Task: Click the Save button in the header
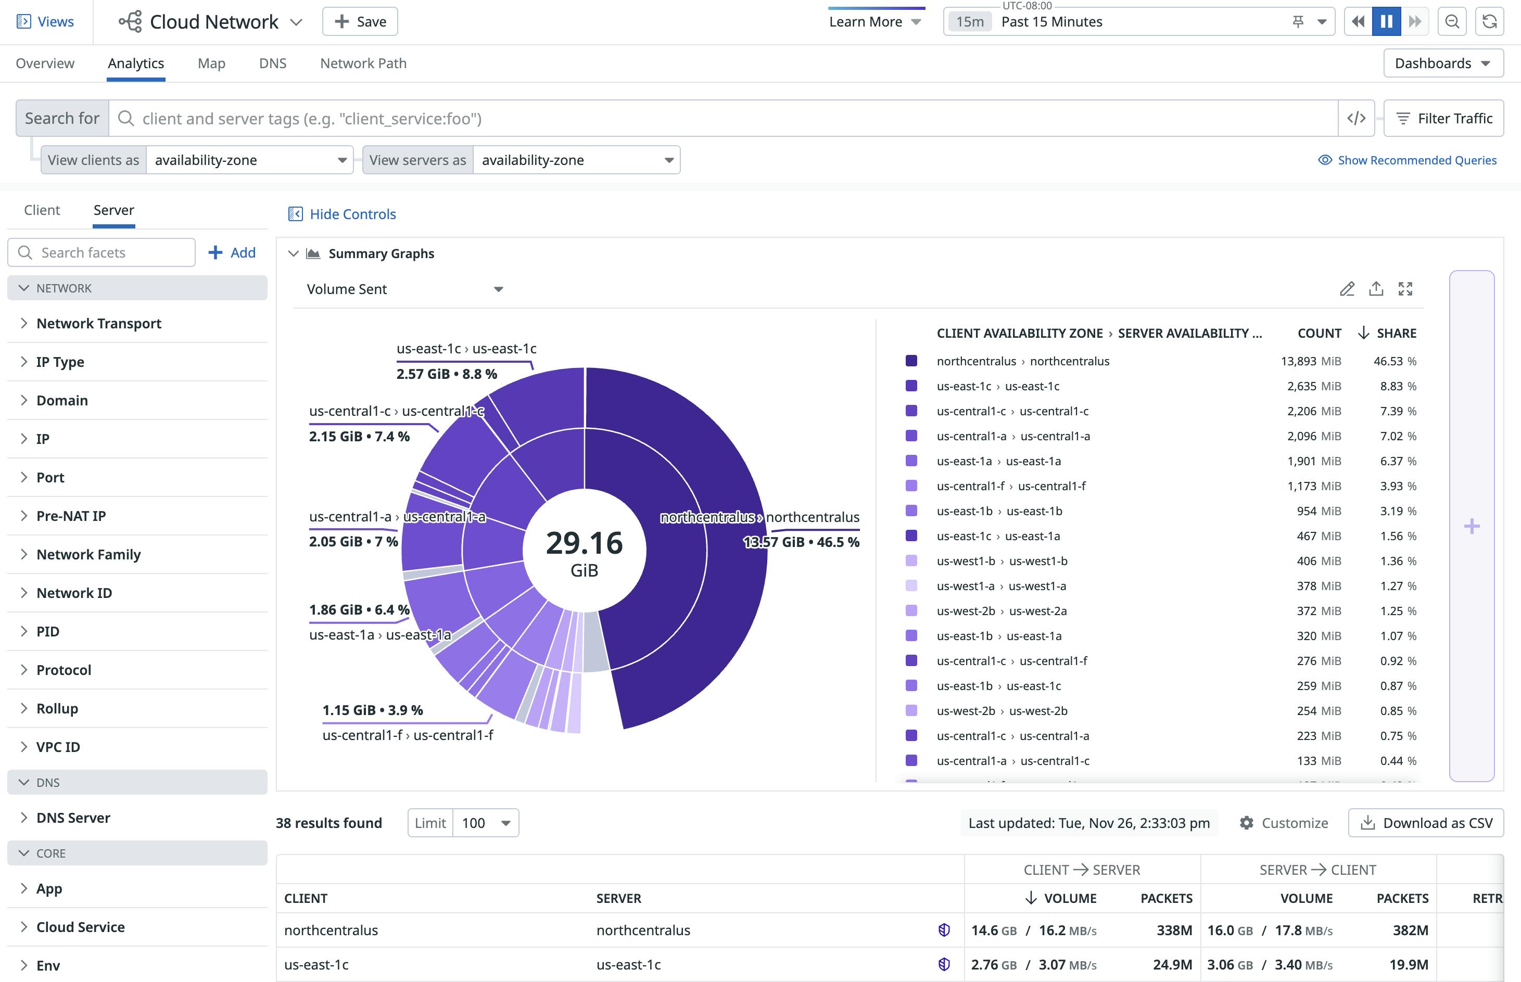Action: pyautogui.click(x=360, y=22)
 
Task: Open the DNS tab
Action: pyautogui.click(x=272, y=63)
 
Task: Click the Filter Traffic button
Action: pyautogui.click(x=1443, y=119)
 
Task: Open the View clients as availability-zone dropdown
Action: pyautogui.click(x=249, y=160)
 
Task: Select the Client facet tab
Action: pyautogui.click(x=42, y=210)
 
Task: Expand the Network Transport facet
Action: pyautogui.click(x=99, y=323)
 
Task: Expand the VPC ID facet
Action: pyautogui.click(x=58, y=747)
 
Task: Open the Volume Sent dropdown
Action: pyautogui.click(x=405, y=289)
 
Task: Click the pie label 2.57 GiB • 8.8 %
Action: pyautogui.click(x=447, y=374)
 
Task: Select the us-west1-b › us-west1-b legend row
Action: pyautogui.click(x=1001, y=561)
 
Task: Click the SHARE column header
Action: pyautogui.click(x=1396, y=333)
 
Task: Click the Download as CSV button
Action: pyautogui.click(x=1426, y=823)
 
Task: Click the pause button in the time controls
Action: pyautogui.click(x=1386, y=22)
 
